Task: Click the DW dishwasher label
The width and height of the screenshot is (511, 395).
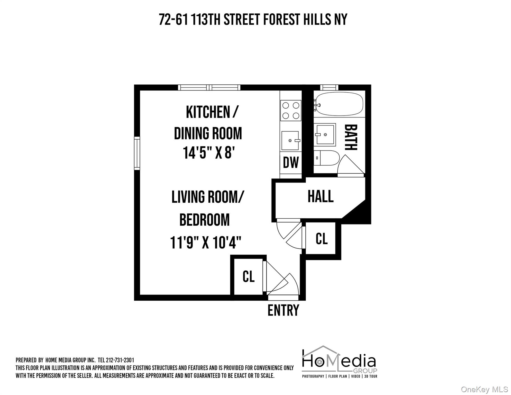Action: (x=291, y=163)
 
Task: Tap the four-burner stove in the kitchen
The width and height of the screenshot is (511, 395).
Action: (x=291, y=110)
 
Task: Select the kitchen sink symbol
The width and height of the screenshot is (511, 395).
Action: (x=290, y=140)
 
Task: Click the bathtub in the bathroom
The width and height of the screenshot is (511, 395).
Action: (x=339, y=104)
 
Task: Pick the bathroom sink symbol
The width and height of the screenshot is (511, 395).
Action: (x=325, y=134)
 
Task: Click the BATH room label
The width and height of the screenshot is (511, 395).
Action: (x=351, y=137)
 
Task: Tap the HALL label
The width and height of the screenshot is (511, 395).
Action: (x=321, y=197)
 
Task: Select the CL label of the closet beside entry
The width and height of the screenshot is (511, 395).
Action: (x=248, y=276)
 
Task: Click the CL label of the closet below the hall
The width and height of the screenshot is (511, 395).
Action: (x=321, y=239)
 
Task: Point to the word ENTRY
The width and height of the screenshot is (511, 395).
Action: (x=283, y=310)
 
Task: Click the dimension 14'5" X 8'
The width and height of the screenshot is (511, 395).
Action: (x=209, y=153)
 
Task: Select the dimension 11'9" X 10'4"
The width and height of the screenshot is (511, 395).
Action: (x=206, y=243)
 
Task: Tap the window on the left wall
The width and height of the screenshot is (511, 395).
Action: (x=137, y=153)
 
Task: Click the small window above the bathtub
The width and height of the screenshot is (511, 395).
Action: (x=329, y=87)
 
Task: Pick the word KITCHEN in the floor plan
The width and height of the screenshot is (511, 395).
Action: (x=208, y=112)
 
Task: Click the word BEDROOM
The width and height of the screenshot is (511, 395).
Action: (x=204, y=220)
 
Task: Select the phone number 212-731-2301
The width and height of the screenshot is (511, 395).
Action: (x=120, y=360)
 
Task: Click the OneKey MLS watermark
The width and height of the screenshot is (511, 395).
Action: (x=484, y=390)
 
